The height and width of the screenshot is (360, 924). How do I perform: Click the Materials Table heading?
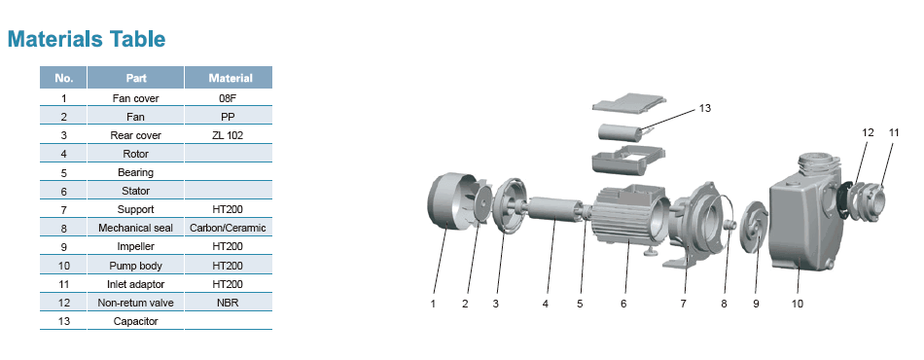pos(86,39)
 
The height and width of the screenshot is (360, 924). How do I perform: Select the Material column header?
pos(231,78)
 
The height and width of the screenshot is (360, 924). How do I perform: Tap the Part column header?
pos(135,78)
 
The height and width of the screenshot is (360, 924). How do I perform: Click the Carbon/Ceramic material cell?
pos(228,228)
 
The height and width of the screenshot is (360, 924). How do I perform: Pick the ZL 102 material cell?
pos(228,135)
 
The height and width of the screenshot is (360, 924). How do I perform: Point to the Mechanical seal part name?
pos(135,228)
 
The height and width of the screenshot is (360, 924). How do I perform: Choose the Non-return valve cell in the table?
pos(135,303)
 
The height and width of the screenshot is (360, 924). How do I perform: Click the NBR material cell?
pos(228,303)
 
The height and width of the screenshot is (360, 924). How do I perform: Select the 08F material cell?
pos(228,98)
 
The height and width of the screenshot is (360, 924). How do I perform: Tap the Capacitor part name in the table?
pos(135,322)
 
